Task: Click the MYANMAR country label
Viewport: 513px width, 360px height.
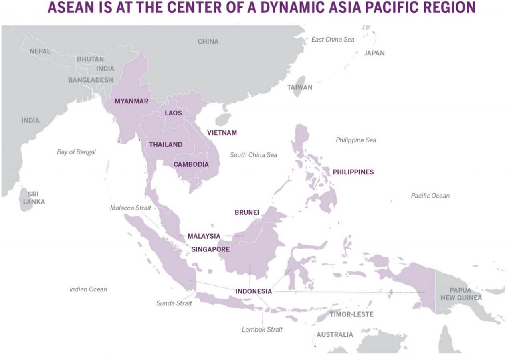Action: tap(131, 101)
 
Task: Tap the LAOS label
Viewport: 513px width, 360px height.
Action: tap(173, 113)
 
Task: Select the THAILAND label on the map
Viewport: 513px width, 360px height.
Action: tap(166, 144)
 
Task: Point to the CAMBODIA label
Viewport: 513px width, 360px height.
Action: tap(191, 164)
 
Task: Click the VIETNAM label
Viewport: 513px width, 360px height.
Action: tap(222, 133)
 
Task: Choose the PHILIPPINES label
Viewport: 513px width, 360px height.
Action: tap(353, 172)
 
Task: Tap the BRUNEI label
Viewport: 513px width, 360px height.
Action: tap(246, 212)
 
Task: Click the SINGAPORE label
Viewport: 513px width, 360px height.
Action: tap(210, 249)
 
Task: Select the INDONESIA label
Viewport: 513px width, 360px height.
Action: tap(253, 291)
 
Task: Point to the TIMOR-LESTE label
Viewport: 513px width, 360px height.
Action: tap(351, 314)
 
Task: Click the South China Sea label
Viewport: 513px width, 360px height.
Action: tap(253, 155)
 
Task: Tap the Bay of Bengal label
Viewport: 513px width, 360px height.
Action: tap(76, 152)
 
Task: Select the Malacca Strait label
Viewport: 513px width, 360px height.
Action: tap(131, 208)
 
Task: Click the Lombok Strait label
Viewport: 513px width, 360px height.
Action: tap(262, 329)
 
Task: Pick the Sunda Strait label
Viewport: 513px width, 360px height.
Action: tap(174, 303)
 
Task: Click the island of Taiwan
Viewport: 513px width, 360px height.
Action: tap(298, 87)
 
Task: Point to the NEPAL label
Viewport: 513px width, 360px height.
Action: tap(40, 51)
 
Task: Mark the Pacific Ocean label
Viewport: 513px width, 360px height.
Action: tap(430, 196)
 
